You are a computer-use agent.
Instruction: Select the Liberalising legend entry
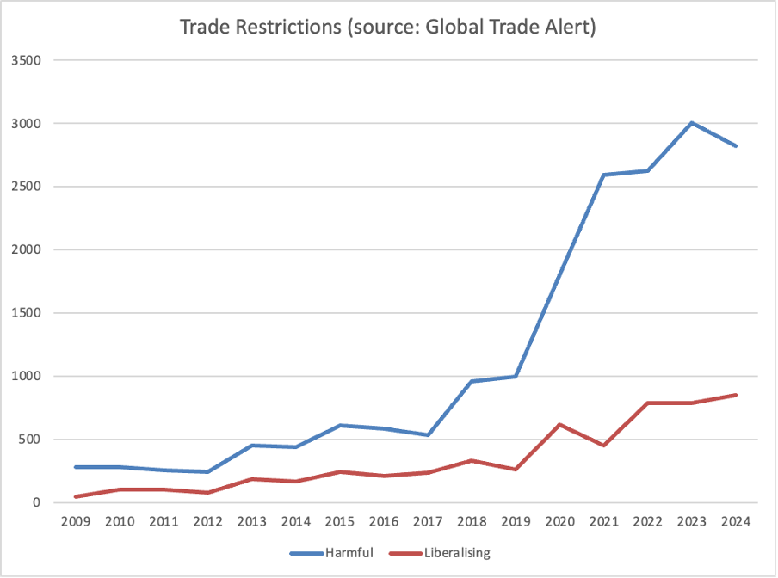(457, 553)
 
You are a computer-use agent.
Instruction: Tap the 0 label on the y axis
(40, 502)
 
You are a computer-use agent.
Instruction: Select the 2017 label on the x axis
(429, 522)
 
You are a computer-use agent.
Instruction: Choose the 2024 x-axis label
(736, 522)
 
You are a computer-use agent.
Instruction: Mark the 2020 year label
(559, 522)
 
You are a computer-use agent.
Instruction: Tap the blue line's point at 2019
(516, 376)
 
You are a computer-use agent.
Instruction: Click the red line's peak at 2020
(560, 424)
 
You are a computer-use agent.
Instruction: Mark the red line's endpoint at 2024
(736, 395)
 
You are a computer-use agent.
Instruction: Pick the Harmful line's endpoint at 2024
(736, 146)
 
